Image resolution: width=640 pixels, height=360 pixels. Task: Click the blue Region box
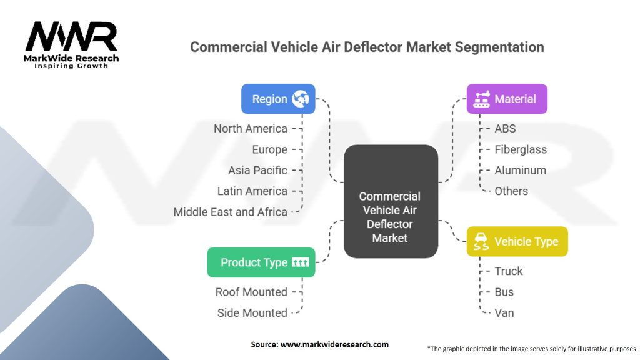[x=278, y=99]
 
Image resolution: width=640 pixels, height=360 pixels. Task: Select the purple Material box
[x=507, y=99]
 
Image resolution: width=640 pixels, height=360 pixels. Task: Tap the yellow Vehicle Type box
[x=517, y=241]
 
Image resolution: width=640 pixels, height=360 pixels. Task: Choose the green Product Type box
[x=261, y=262]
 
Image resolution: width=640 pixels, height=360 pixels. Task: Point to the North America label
[x=251, y=129]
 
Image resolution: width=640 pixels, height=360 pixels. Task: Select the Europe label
[x=270, y=149]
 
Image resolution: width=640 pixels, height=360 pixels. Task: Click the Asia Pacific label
[x=257, y=170]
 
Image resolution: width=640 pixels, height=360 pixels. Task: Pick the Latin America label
[x=252, y=191]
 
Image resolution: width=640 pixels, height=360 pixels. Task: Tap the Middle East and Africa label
[x=231, y=212]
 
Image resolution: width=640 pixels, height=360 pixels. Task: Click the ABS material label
[x=505, y=129]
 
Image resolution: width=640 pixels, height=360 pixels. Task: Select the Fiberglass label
[x=521, y=149]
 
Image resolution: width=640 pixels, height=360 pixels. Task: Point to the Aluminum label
[x=520, y=170]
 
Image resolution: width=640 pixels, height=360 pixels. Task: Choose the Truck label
[x=509, y=271]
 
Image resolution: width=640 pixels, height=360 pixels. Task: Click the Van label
[x=504, y=312]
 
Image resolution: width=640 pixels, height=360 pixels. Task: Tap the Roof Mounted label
[x=251, y=292]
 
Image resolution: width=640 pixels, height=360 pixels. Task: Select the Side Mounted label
[x=252, y=312]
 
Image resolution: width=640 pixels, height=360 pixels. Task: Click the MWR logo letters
[x=71, y=39]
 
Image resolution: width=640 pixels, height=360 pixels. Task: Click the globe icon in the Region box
[x=301, y=99]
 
